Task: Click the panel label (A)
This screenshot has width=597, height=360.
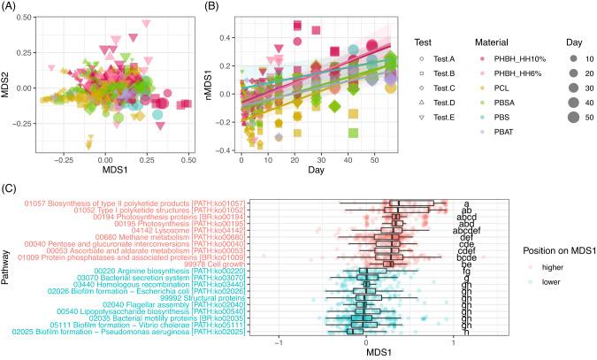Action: [11, 7]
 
